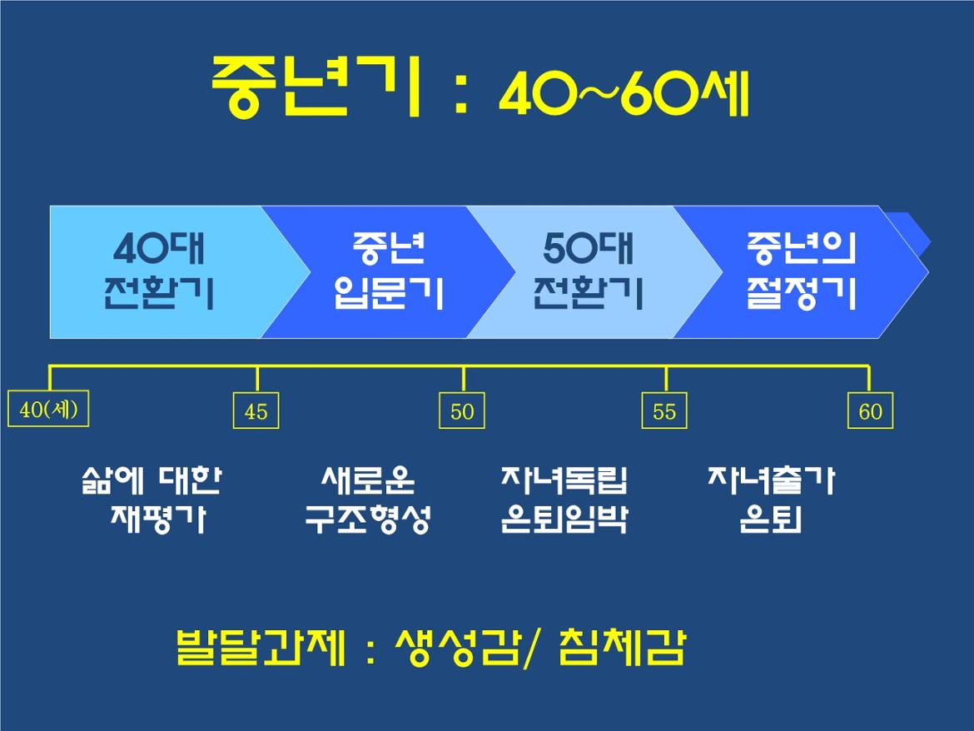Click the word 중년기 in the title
(316, 87)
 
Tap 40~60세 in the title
(625, 93)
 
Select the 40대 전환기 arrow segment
(167, 272)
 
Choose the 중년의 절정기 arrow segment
(802, 272)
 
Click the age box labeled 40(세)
(48, 409)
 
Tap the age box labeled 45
(256, 410)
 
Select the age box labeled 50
(462, 410)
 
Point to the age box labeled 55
(664, 410)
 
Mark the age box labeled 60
(870, 410)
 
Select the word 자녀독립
(564, 480)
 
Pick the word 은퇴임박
(564, 520)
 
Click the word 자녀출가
(771, 480)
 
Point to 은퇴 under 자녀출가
(771, 520)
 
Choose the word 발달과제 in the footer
(261, 647)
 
